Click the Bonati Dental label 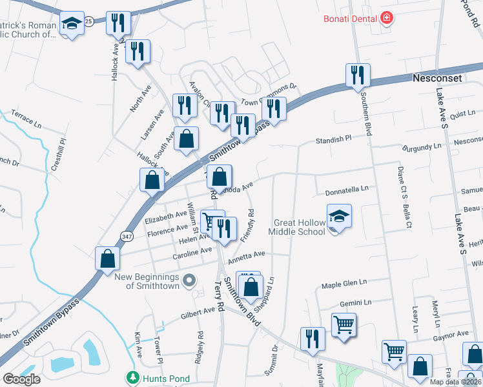pos(351,19)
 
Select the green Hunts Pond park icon pos(132,376)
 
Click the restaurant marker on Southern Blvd pos(357,75)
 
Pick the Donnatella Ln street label pos(346,190)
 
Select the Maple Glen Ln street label pos(344,283)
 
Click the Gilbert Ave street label pos(198,312)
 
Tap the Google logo pos(21,380)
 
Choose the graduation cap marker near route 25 pos(72,25)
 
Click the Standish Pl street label pos(332,139)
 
